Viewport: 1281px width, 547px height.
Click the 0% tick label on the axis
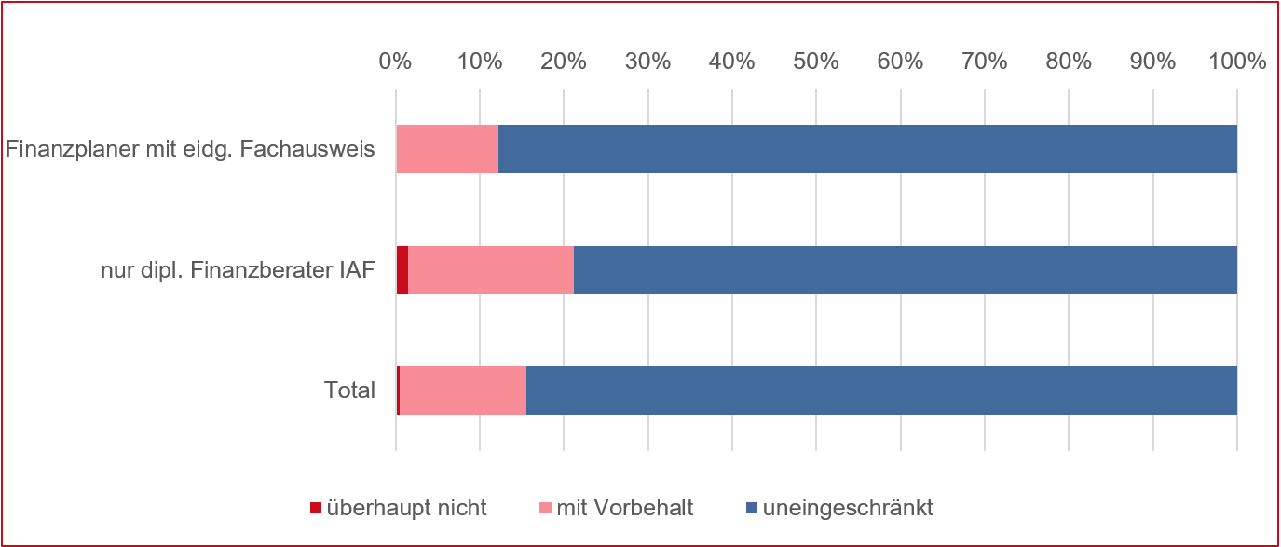[x=395, y=62]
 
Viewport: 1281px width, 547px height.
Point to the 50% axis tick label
[x=816, y=62]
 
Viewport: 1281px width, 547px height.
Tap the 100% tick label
[x=1236, y=62]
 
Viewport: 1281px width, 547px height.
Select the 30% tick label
[x=647, y=62]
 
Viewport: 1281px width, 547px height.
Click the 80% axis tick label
[x=1069, y=62]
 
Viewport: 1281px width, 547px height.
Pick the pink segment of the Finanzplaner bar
[x=447, y=149]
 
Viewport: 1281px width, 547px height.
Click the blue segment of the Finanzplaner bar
[x=866, y=149]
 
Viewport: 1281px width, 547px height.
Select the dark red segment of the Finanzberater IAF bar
[x=402, y=269]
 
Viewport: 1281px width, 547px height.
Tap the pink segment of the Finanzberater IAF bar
[x=491, y=269]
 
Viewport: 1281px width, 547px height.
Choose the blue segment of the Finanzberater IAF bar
[x=904, y=269]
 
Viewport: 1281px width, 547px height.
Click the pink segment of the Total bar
[x=463, y=390]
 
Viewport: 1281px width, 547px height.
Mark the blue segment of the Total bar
[x=880, y=390]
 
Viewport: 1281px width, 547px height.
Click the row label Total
[x=349, y=390]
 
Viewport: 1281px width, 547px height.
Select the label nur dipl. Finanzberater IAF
[x=238, y=270]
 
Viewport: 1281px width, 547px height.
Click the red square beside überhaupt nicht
[x=316, y=509]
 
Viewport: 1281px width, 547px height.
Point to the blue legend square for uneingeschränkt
[x=752, y=509]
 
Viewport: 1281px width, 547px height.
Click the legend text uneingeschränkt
[x=848, y=509]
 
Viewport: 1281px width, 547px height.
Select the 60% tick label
[x=900, y=62]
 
